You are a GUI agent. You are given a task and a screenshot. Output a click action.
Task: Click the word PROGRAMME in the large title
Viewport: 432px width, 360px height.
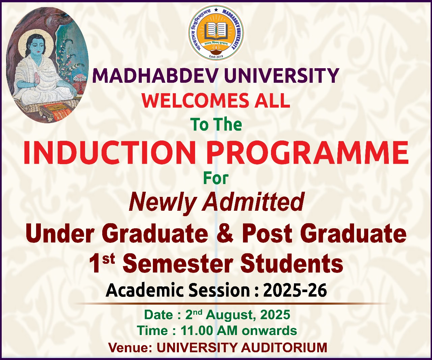309,153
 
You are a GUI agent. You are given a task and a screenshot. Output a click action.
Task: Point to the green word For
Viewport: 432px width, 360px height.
216,178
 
